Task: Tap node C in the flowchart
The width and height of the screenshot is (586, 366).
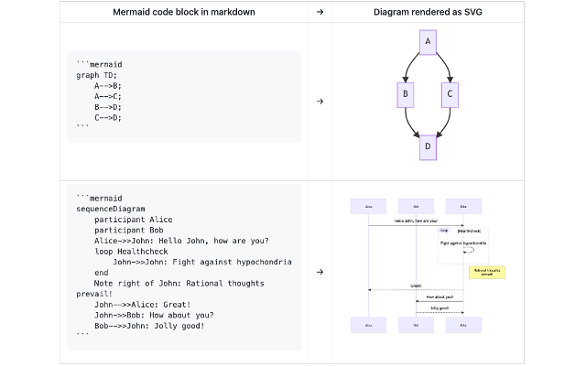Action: (450, 93)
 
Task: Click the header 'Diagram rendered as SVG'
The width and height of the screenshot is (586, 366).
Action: (428, 12)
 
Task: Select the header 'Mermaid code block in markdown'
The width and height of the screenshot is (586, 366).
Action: (183, 12)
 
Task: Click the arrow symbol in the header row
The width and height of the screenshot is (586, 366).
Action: (320, 12)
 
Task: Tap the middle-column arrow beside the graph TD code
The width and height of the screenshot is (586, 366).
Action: (320, 101)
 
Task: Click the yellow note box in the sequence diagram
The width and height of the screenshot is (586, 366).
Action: (486, 272)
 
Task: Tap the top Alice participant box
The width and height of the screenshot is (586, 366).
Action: (368, 207)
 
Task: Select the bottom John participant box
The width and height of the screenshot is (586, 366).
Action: (463, 325)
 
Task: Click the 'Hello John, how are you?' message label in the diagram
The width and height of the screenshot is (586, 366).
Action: (416, 221)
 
